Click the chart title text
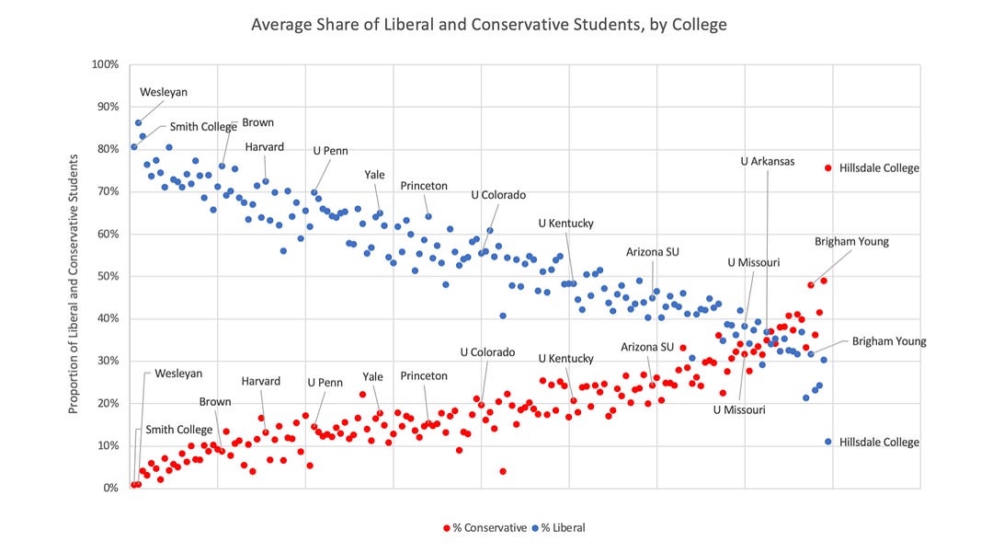click(x=489, y=25)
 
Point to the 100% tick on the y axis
click(x=104, y=64)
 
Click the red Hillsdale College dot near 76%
click(x=828, y=168)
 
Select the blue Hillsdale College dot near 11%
click(x=828, y=442)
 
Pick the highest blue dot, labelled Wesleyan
click(x=138, y=122)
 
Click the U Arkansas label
click(x=768, y=161)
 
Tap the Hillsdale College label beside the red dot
click(x=879, y=168)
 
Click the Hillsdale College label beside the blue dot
click(x=879, y=443)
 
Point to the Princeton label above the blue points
click(x=424, y=186)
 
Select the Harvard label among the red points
click(x=261, y=381)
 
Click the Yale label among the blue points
click(x=374, y=174)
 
